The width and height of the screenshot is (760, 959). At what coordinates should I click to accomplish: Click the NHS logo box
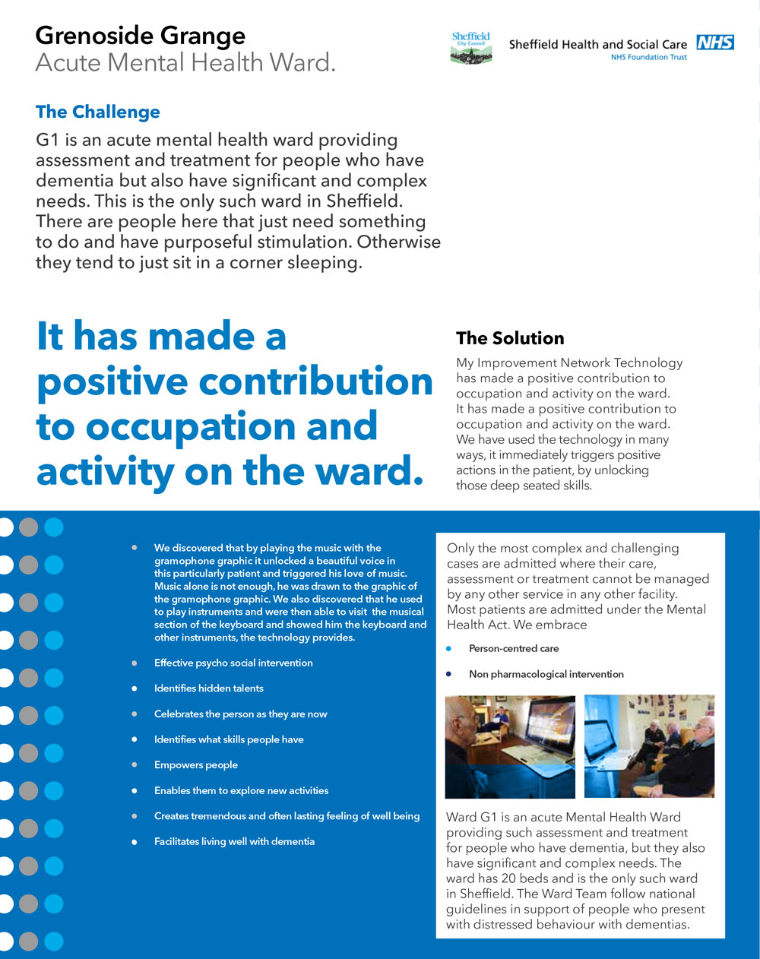(715, 43)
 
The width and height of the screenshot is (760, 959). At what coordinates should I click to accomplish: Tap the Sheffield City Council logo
(471, 47)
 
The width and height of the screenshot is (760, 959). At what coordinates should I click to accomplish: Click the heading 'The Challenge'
(98, 112)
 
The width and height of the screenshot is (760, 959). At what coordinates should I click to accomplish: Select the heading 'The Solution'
(510, 338)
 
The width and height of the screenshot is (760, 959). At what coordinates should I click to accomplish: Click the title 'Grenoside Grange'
(141, 36)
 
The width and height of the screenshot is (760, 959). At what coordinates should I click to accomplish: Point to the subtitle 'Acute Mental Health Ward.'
(185, 62)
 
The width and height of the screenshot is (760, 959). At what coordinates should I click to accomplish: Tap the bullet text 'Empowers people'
(196, 764)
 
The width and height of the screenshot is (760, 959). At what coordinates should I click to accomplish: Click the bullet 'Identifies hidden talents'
(209, 688)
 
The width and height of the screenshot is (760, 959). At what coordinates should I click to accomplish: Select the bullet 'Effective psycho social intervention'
(233, 663)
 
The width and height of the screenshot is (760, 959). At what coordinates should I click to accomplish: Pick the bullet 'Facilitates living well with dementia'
(234, 841)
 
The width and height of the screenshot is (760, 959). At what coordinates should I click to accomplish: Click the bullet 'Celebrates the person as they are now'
(240, 714)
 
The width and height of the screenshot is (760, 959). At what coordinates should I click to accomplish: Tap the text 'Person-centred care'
(514, 648)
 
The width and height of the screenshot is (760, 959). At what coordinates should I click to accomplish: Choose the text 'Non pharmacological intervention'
(546, 674)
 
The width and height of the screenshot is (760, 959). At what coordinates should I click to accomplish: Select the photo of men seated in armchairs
(649, 746)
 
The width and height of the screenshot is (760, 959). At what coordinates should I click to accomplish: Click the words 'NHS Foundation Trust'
(649, 57)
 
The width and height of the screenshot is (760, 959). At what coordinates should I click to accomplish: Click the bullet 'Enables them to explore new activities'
(241, 790)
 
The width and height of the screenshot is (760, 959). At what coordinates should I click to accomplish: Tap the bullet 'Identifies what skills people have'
(229, 739)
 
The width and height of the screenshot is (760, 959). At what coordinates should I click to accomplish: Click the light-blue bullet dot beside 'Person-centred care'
(448, 648)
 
